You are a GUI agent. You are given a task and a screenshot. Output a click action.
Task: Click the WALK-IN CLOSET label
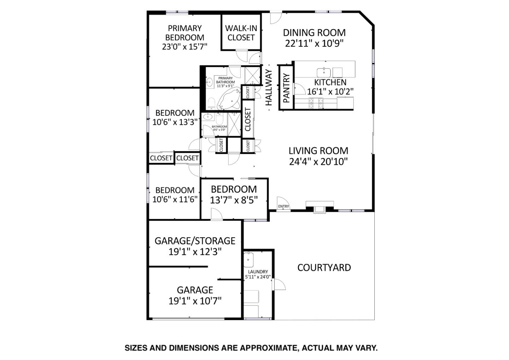[x=241, y=33]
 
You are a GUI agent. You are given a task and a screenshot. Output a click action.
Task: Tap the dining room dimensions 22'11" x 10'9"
[x=314, y=43]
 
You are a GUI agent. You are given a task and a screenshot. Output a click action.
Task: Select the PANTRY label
[x=286, y=88]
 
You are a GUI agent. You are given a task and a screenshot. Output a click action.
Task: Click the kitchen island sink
[x=323, y=72]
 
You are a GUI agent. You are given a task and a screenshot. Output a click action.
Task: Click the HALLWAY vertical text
[x=269, y=87]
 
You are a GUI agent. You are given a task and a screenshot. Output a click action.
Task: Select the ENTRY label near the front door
[x=283, y=207]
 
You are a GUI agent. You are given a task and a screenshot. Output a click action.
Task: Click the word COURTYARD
[x=324, y=268]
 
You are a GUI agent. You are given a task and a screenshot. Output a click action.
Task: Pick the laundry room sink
[x=248, y=260]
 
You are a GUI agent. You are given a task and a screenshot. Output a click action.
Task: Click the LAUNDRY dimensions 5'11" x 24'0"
[x=258, y=277]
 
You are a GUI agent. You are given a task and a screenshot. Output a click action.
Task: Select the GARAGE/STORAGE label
[x=195, y=241]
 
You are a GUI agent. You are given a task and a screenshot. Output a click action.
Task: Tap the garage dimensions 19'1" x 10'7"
[x=195, y=301]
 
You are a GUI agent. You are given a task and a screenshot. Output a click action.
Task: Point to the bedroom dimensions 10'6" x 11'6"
[x=175, y=199]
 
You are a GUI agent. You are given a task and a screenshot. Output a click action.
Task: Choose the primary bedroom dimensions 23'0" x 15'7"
[x=185, y=46]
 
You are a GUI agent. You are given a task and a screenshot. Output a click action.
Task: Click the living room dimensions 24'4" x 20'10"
[x=318, y=162]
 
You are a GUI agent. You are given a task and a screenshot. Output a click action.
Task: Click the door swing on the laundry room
[x=279, y=284]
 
